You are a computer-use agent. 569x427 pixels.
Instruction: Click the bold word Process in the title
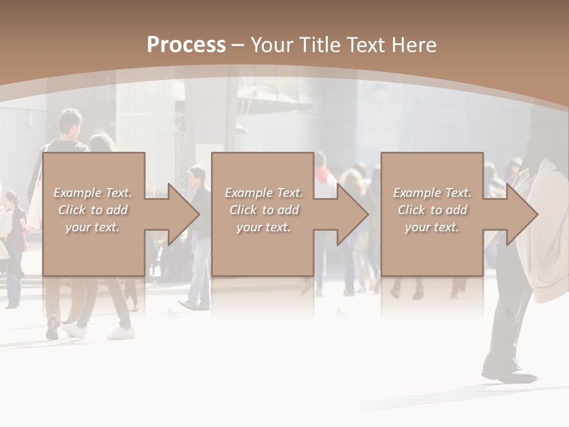click(186, 45)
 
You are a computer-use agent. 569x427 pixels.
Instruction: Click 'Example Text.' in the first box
click(92, 193)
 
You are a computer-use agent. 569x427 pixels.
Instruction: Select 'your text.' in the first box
click(92, 227)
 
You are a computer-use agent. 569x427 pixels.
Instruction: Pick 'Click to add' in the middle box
click(264, 210)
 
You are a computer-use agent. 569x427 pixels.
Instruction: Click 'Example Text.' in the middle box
click(264, 193)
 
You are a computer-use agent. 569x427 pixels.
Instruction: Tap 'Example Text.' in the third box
click(432, 193)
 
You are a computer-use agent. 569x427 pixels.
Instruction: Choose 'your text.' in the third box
click(432, 227)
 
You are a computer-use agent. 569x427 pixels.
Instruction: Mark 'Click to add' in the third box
click(432, 210)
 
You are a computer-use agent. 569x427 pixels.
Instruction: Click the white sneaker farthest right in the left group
click(121, 333)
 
